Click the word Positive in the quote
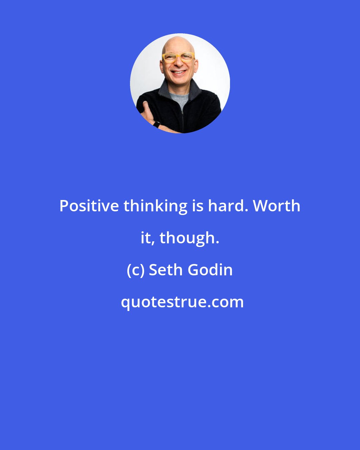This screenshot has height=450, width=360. point(89,206)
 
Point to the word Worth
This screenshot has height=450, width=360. point(277,206)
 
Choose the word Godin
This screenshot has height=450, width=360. point(210,270)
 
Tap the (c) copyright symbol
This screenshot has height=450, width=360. point(135,270)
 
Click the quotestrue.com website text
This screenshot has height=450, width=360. point(182,302)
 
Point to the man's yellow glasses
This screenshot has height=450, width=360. point(178,58)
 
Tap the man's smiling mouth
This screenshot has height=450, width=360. point(179,72)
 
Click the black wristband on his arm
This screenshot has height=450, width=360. point(156,125)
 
